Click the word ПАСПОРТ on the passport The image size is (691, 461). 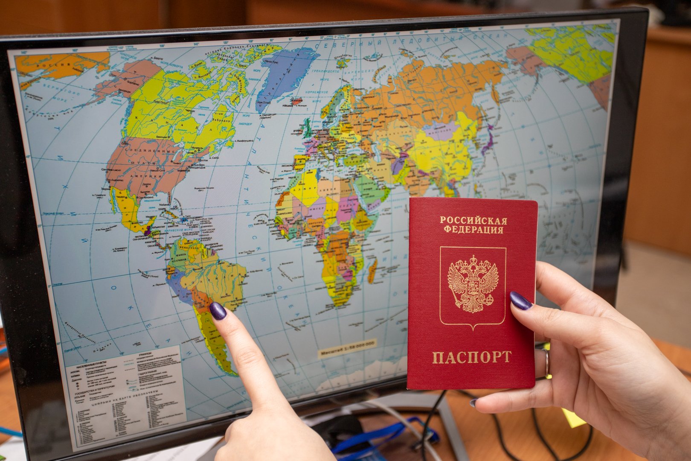pyautogui.click(x=471, y=357)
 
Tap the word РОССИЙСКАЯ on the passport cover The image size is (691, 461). pyautogui.click(x=473, y=221)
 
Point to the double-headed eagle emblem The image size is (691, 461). pyautogui.click(x=473, y=284)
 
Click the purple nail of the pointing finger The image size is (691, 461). pyautogui.click(x=218, y=310)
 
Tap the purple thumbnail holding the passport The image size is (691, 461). pyautogui.click(x=520, y=301)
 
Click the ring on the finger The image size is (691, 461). pyautogui.click(x=546, y=363)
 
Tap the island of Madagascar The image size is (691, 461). pyautogui.click(x=372, y=271)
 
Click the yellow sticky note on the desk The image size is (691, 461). pyautogui.click(x=572, y=417)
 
